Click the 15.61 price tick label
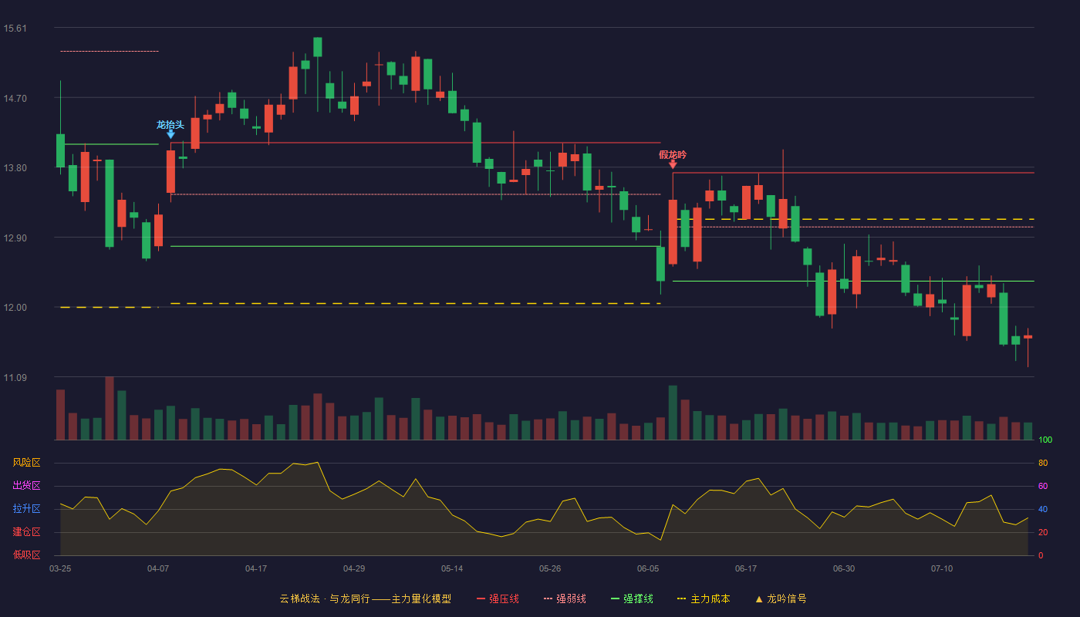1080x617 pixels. coord(15,29)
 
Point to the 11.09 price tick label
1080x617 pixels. coord(15,377)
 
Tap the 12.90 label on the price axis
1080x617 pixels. coord(15,238)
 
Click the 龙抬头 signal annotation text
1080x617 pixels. coord(170,125)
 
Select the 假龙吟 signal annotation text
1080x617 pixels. coord(673,155)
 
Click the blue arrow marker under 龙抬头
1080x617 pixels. coord(170,134)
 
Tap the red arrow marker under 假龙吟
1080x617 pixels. coord(673,164)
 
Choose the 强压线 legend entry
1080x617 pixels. coord(498,598)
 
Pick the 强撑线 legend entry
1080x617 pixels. coord(632,598)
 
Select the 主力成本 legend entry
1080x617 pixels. coord(704,598)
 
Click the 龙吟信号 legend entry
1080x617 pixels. coord(781,598)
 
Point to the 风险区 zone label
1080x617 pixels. coord(26,462)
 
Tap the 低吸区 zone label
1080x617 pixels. coord(26,555)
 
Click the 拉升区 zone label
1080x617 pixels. coord(26,508)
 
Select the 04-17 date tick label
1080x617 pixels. coord(256,569)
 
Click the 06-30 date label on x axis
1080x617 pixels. coord(844,569)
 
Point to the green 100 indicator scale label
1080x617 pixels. coord(1045,440)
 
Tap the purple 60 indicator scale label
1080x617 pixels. coord(1043,486)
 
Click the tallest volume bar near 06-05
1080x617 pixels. coord(673,413)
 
